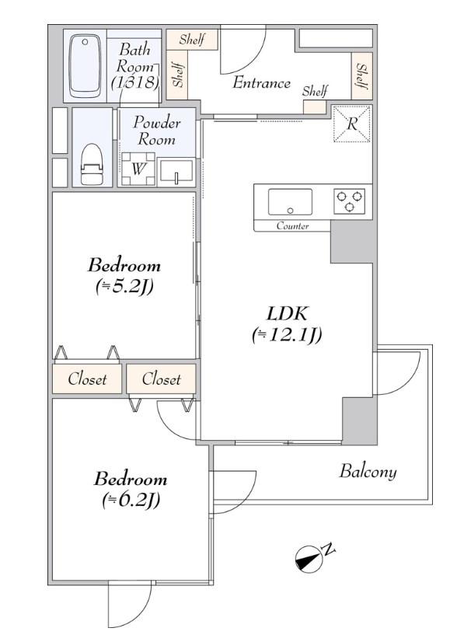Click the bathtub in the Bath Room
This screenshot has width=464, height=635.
coord(85,66)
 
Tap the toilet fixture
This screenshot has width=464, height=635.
coord(92,164)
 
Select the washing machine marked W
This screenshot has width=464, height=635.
coord(138,169)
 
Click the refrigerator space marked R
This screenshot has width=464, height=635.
coord(352,124)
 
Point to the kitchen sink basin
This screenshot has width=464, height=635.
coord(290,201)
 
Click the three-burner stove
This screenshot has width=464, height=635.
coord(349,201)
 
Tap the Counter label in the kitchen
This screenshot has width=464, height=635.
coord(292,226)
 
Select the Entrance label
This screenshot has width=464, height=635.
coord(261,82)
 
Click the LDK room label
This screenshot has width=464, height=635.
coord(287,313)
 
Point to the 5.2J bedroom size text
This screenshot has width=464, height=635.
coord(124,288)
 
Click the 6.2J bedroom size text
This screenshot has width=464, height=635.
coord(131,501)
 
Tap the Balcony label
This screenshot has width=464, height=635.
coord(368,471)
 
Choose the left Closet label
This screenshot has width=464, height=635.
coord(87,379)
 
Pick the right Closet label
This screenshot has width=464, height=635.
coord(161,379)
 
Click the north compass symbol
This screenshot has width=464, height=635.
coord(309,560)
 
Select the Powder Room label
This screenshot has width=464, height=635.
coord(157,131)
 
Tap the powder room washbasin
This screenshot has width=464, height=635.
coord(176,173)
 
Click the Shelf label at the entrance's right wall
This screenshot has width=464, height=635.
coord(361,75)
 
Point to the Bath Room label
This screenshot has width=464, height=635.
coord(134,66)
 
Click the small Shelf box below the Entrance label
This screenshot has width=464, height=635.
coord(315,107)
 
